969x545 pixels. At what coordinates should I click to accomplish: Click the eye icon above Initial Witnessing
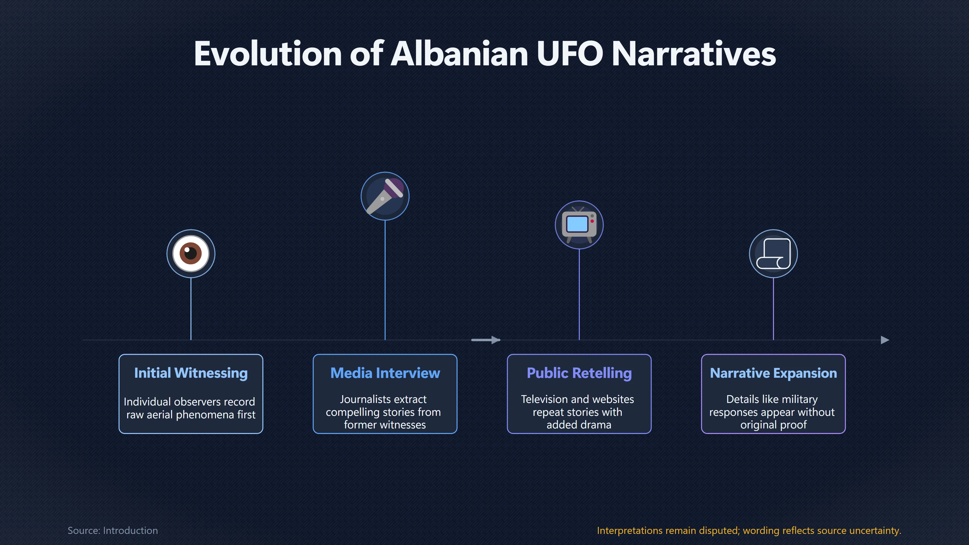click(x=191, y=254)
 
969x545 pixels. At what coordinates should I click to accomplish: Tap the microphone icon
click(x=385, y=196)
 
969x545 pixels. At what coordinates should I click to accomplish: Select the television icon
click(x=579, y=225)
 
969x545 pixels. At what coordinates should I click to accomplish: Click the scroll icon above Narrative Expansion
click(x=773, y=254)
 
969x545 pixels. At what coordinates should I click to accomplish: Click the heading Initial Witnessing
click(x=191, y=373)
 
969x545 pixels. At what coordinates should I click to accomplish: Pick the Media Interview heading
click(x=385, y=373)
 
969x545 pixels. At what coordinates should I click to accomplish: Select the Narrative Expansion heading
click(x=773, y=373)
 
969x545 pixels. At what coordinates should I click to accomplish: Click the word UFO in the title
click(x=570, y=54)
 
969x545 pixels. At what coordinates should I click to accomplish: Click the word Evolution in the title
click(x=268, y=54)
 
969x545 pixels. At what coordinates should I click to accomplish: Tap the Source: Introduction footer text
click(x=113, y=530)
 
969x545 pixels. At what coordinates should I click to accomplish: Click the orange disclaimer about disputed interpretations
click(x=749, y=530)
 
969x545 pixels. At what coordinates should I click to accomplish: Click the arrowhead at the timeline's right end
click(x=885, y=340)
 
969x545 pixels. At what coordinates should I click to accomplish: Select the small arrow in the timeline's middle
click(x=486, y=340)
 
